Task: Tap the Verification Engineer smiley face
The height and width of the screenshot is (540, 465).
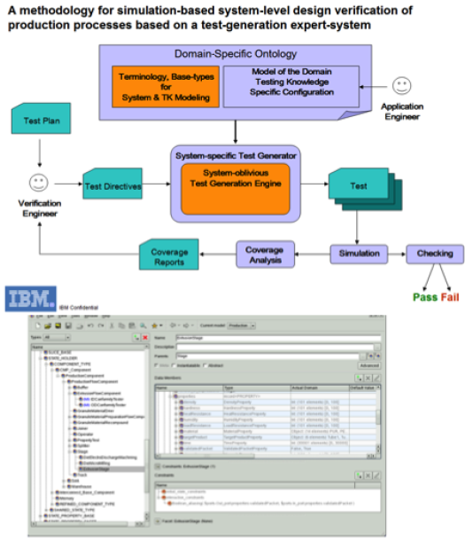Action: point(38,184)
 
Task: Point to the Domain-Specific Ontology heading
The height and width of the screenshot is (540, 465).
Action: point(236,56)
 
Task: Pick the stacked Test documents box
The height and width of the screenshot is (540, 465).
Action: point(358,187)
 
